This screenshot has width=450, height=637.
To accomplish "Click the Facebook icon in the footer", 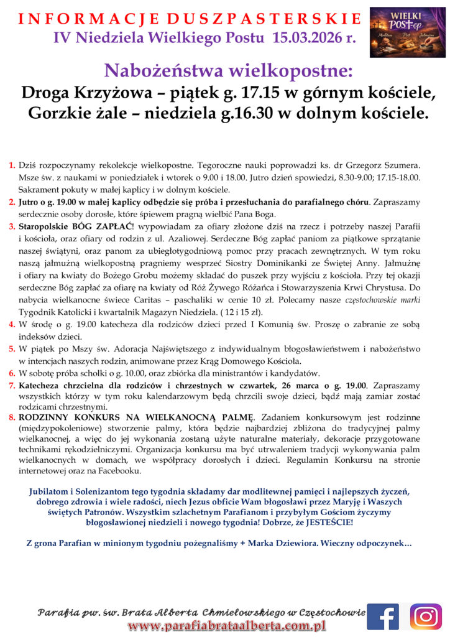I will point(382,616).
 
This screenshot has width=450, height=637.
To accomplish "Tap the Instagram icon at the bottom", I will point(426,616).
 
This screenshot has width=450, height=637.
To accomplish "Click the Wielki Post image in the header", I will point(408,32).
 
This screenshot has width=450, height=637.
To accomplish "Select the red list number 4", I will point(12,324).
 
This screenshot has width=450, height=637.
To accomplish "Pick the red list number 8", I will point(12,416).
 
